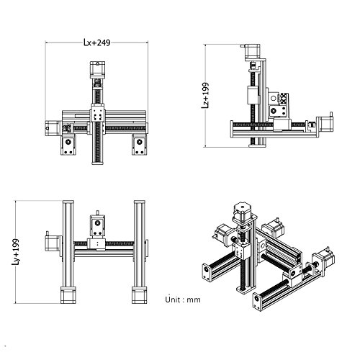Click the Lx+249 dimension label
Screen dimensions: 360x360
coord(97,42)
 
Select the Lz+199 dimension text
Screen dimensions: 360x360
coord(205,95)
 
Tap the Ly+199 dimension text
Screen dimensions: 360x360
coord(16,252)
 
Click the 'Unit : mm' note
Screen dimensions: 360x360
coord(183,300)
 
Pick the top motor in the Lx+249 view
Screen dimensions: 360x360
coord(97,70)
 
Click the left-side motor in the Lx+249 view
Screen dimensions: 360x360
coord(53,128)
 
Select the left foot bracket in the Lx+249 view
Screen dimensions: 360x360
coord(68,145)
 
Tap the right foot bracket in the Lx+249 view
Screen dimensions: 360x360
coord(140,145)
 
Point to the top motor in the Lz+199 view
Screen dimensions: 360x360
coord(253,52)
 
